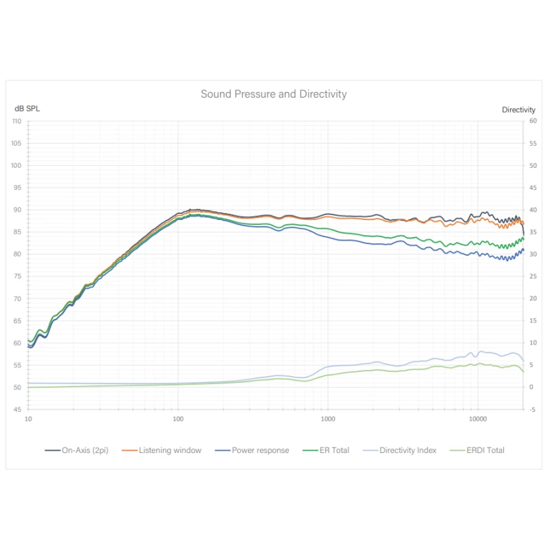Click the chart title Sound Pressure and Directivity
274,94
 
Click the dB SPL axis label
27,109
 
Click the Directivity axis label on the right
519,109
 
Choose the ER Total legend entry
331,450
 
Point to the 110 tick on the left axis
16,122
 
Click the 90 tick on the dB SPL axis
19,210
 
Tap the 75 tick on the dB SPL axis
19,276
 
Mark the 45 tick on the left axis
19,410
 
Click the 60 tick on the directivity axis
533,122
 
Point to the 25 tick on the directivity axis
533,276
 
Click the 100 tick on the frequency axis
178,418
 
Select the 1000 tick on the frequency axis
328,418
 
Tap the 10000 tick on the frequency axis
478,418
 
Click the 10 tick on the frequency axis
28,418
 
